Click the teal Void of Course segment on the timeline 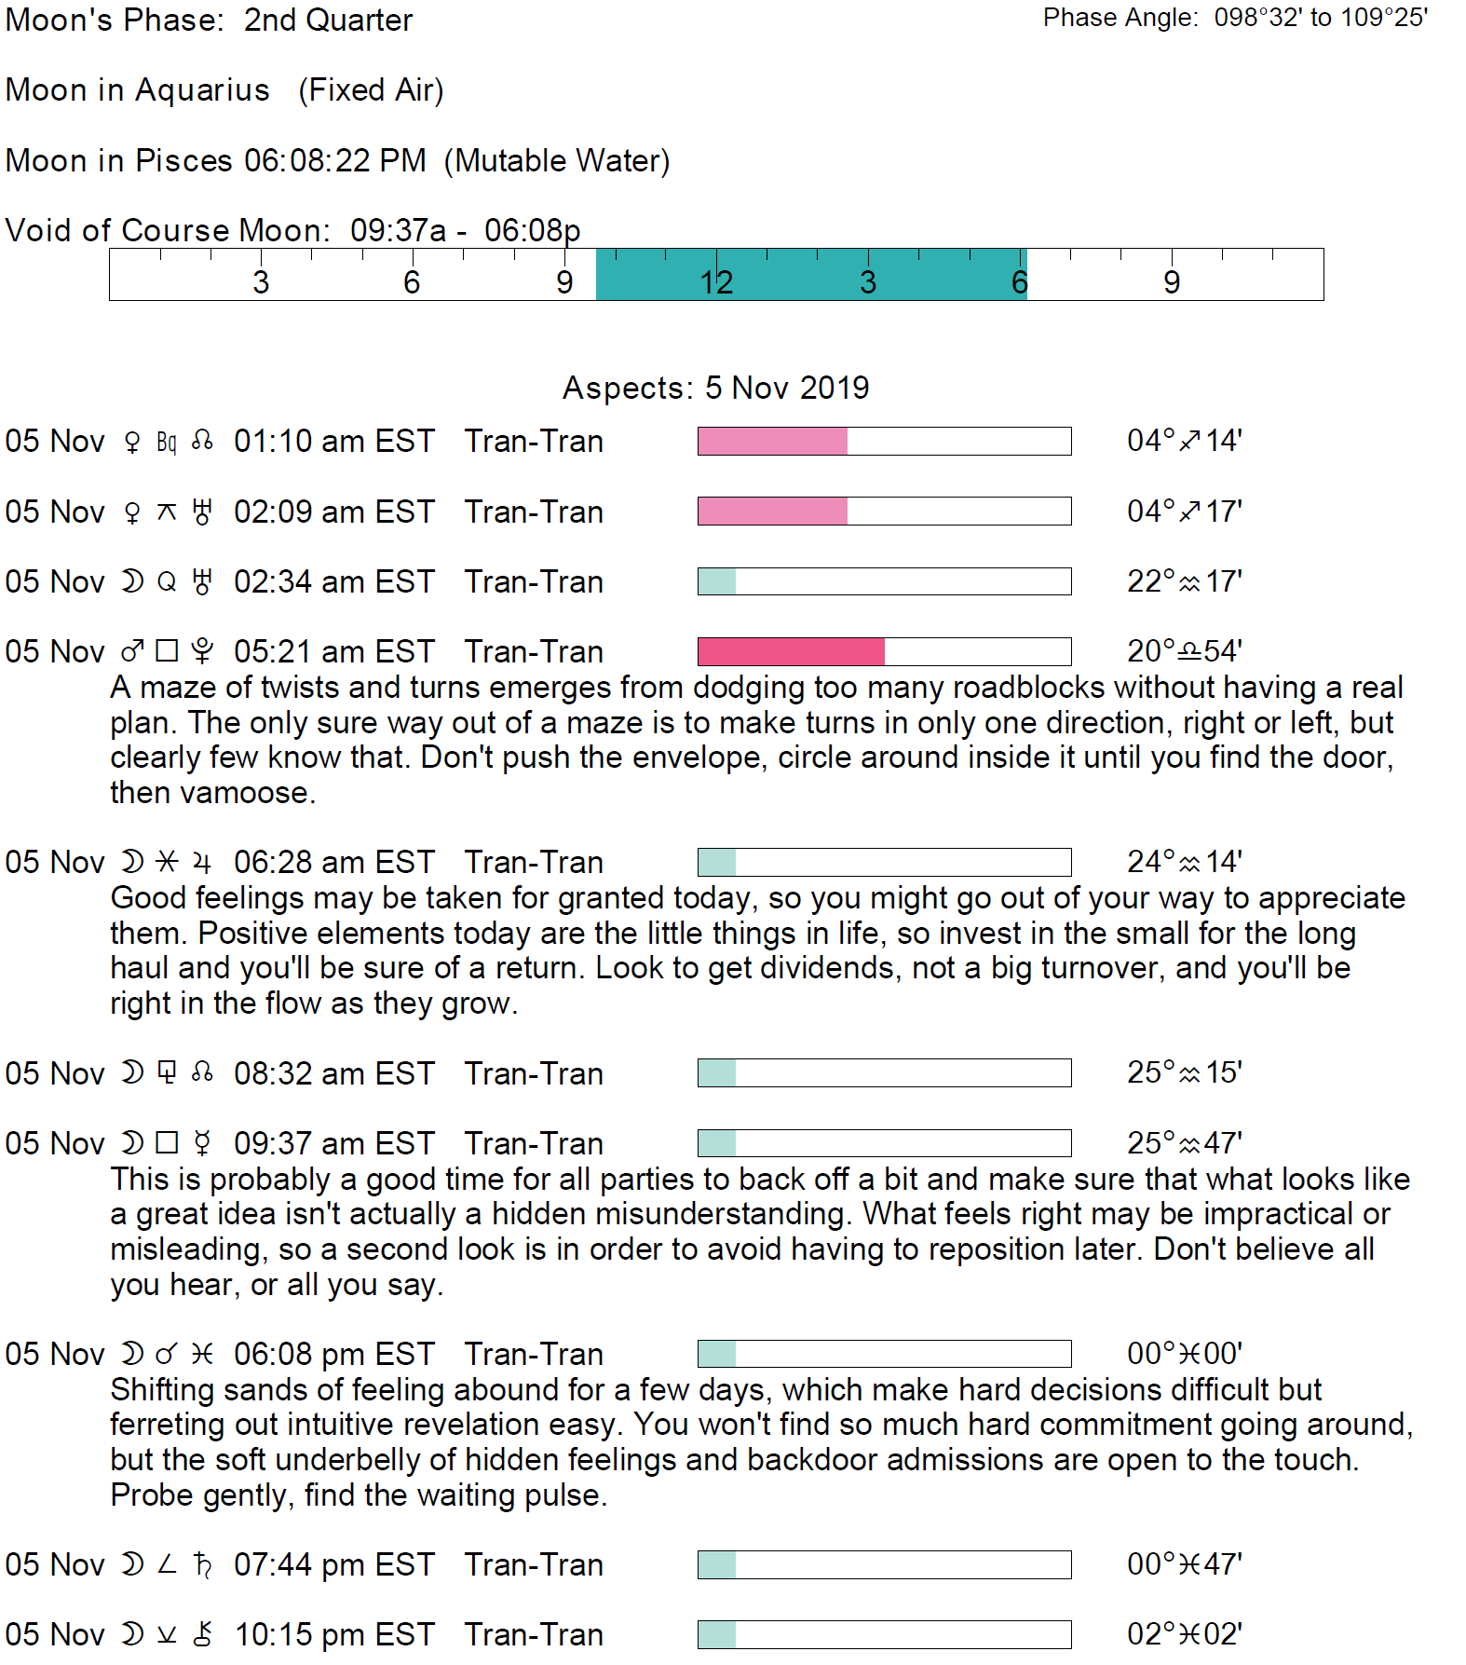pyautogui.click(x=810, y=274)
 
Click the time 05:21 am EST pyautogui.click(x=333, y=651)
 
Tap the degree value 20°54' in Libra pyautogui.click(x=1184, y=651)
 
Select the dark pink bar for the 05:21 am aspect pyautogui.click(x=791, y=651)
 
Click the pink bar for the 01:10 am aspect pyautogui.click(x=772, y=441)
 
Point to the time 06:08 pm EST pyautogui.click(x=333, y=1354)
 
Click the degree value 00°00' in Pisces pyautogui.click(x=1184, y=1354)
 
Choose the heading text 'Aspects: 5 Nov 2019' pyautogui.click(x=715, y=388)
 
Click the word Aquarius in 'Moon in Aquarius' pyautogui.click(x=202, y=90)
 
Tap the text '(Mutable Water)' pyautogui.click(x=557, y=161)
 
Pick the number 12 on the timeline pyautogui.click(x=716, y=282)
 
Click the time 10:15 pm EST pyautogui.click(x=333, y=1634)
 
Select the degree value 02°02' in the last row pyautogui.click(x=1184, y=1634)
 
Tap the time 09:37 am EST pyautogui.click(x=333, y=1143)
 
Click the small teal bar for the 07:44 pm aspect pyautogui.click(x=716, y=1564)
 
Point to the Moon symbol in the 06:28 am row pyautogui.click(x=132, y=862)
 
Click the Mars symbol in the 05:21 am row pyautogui.click(x=132, y=651)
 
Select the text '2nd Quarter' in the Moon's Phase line pyautogui.click(x=328, y=20)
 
